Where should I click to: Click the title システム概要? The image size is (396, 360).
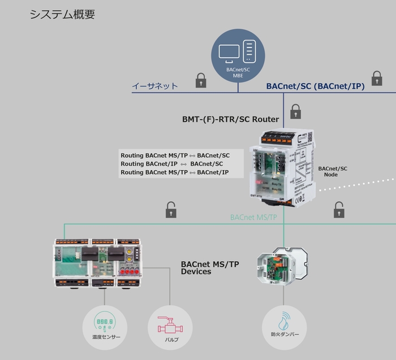[x=62, y=15]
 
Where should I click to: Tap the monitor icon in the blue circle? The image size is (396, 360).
[x=230, y=53]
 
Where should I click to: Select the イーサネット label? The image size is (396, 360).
[x=155, y=86]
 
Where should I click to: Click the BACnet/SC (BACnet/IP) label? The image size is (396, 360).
[x=315, y=86]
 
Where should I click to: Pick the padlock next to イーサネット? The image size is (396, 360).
[x=201, y=80]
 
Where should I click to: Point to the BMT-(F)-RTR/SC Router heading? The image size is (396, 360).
[x=230, y=119]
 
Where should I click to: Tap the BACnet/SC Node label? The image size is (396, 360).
[x=333, y=171]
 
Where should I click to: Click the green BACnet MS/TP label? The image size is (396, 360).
[x=253, y=217]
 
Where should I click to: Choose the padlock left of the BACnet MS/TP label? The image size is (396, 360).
[x=171, y=210]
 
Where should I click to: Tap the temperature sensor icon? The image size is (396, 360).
[x=106, y=323]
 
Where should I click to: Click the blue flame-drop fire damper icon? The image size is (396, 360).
[x=284, y=323]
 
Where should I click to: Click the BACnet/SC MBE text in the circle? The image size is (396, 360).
[x=238, y=72]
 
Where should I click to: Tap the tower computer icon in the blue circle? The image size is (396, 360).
[x=249, y=51]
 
